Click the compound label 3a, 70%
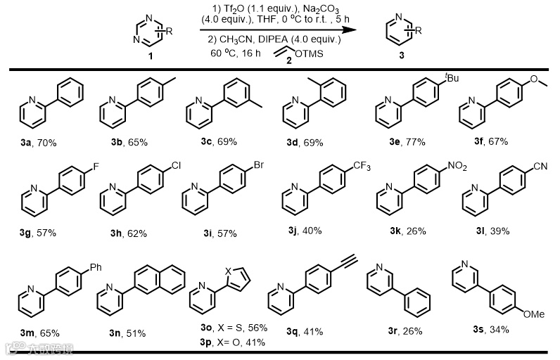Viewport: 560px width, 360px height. [39, 143]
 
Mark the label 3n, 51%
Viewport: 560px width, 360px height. [127, 332]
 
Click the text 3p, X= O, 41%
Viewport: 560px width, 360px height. [220, 342]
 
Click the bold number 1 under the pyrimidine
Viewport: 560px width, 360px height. [150, 55]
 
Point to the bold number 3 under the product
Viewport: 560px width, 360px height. [401, 55]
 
